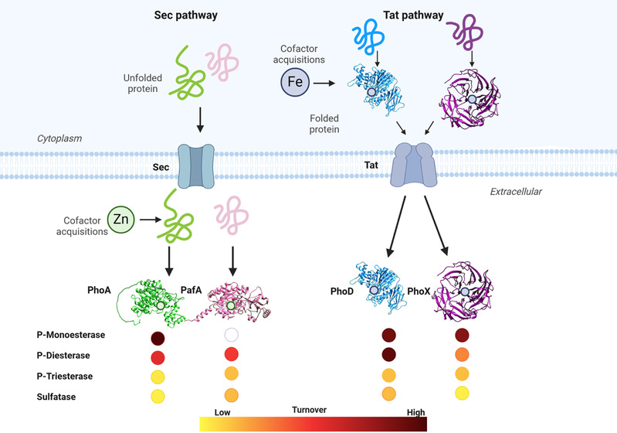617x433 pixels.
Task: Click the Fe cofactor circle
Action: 298,80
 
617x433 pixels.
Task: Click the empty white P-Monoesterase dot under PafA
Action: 231,336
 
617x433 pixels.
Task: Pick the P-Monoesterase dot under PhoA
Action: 158,337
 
